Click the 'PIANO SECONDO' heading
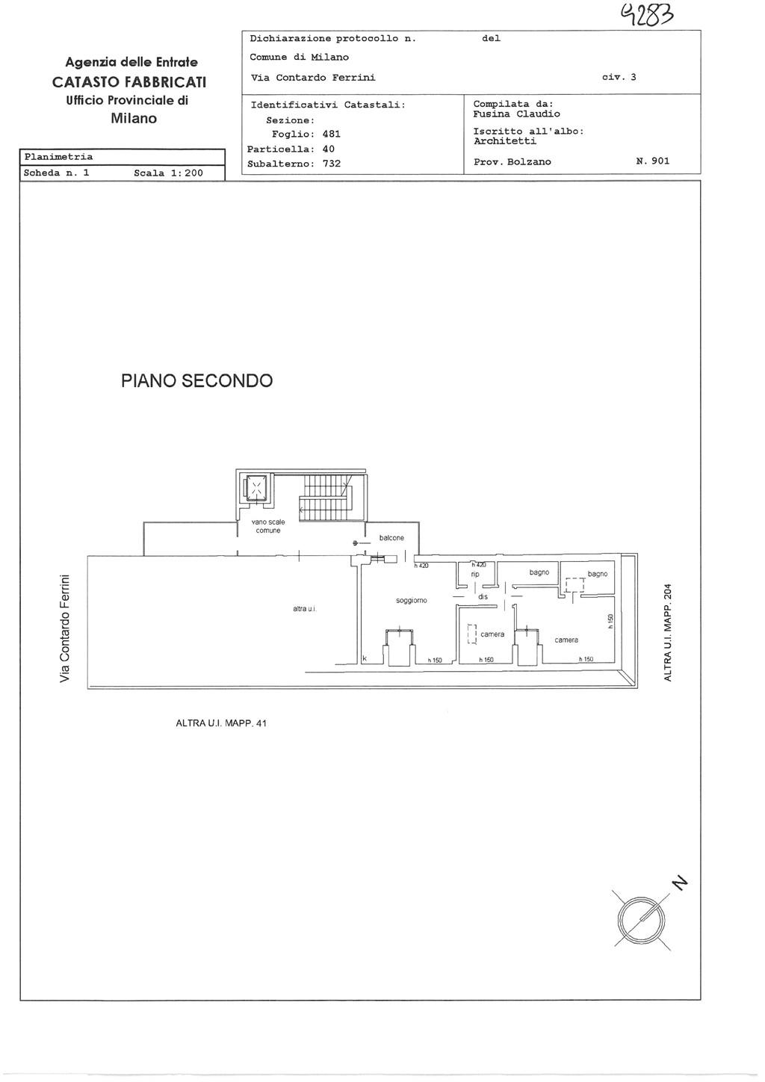(x=197, y=380)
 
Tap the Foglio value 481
(x=331, y=134)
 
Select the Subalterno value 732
(x=332, y=163)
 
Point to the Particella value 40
(x=329, y=149)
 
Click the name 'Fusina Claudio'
(x=516, y=114)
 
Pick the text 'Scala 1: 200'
(x=169, y=173)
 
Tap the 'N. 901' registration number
(x=653, y=161)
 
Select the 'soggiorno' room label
(x=412, y=601)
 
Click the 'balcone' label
(x=391, y=537)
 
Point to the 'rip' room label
(x=475, y=575)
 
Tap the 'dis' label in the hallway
(x=483, y=596)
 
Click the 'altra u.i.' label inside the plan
(x=305, y=608)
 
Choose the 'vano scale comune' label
(x=268, y=526)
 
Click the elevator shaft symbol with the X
(x=257, y=489)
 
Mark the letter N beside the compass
(x=679, y=882)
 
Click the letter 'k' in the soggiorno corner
(x=365, y=658)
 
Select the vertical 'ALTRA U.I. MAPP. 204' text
(x=668, y=633)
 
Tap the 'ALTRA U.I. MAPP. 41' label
(x=221, y=723)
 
